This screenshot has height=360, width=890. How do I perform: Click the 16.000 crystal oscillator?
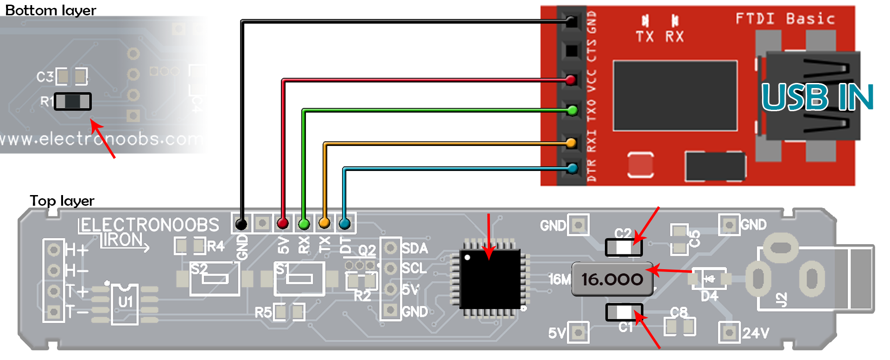612,279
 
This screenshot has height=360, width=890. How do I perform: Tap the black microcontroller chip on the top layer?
490,279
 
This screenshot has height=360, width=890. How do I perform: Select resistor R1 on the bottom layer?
73,101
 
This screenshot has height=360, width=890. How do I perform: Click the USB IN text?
817,97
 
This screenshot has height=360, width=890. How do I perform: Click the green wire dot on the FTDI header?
572,110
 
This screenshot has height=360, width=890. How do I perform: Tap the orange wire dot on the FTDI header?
571,142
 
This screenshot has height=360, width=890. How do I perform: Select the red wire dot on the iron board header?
283,223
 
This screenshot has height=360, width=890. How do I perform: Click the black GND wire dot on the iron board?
241,224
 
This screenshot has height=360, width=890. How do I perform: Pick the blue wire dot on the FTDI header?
572,168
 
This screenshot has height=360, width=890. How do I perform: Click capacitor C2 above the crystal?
623,247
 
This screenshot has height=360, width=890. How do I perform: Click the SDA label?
414,248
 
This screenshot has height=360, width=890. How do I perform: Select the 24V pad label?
756,333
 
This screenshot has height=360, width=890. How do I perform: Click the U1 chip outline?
125,303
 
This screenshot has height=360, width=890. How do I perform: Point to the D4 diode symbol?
709,279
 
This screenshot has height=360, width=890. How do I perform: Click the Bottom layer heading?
51,10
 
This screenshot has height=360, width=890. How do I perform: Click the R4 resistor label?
216,246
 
